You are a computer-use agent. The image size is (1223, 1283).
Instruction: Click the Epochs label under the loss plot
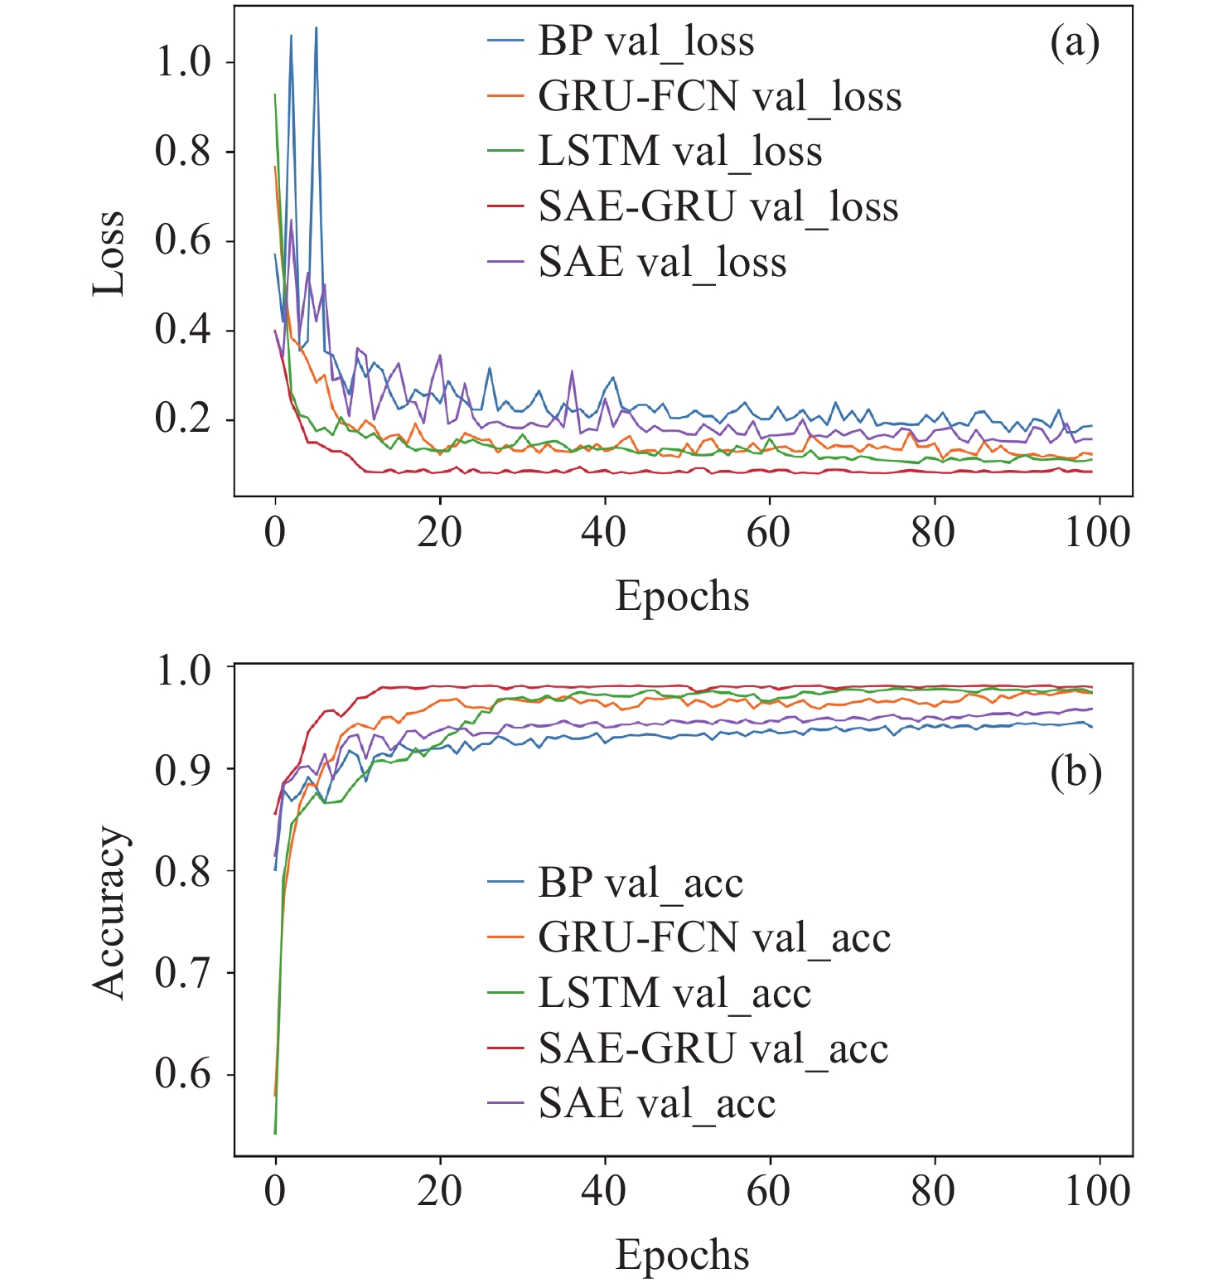click(682, 597)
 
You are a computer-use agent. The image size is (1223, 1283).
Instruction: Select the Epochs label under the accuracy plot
click(682, 1255)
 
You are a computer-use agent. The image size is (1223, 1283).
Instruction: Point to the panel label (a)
click(1075, 43)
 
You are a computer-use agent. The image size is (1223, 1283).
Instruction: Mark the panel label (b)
click(1076, 772)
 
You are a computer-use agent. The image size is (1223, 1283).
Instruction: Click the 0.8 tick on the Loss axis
click(183, 152)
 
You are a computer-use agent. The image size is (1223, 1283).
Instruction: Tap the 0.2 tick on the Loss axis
click(183, 419)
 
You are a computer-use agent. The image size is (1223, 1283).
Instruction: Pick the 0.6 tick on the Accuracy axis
click(183, 1074)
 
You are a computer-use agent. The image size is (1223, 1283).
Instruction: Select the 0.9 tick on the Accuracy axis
click(183, 770)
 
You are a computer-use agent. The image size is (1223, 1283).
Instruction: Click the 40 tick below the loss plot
click(604, 532)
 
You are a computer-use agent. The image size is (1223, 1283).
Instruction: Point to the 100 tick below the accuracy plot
click(1097, 1191)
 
